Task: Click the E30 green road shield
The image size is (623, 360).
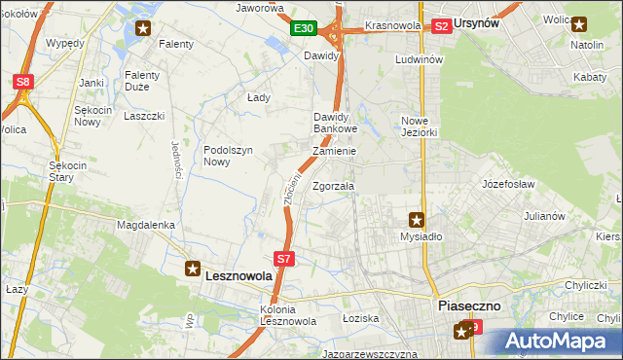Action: (x=303, y=29)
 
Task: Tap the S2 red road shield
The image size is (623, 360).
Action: (x=441, y=26)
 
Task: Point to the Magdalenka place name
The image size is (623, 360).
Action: (x=145, y=225)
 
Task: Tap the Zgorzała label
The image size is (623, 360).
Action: (x=334, y=186)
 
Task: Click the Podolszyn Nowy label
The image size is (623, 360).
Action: (x=229, y=156)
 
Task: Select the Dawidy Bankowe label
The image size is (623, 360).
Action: (x=336, y=123)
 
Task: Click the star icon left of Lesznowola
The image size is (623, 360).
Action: (x=194, y=267)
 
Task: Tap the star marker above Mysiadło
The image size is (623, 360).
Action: (x=417, y=220)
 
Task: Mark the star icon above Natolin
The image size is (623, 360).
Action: (x=579, y=26)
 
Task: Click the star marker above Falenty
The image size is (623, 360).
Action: (x=143, y=28)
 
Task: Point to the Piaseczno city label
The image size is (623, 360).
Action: (x=469, y=305)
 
